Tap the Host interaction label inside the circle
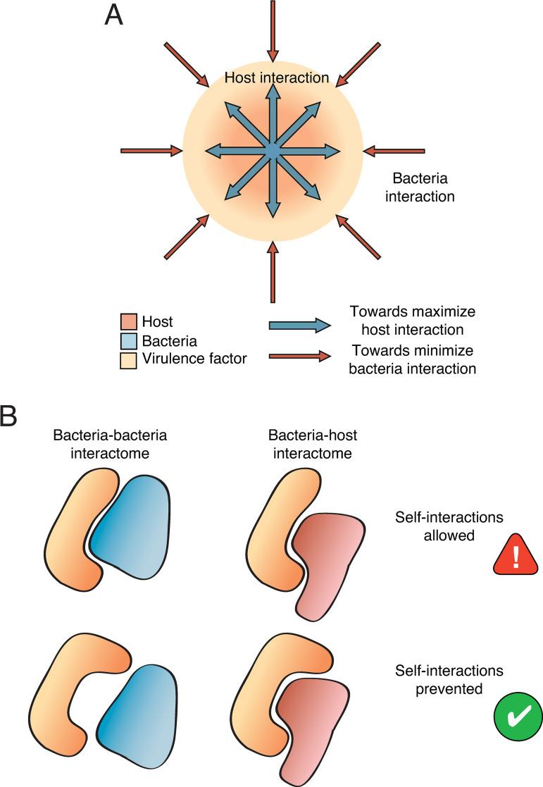276,78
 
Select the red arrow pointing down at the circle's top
273,32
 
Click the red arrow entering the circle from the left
151,150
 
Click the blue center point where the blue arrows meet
273,150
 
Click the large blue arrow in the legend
299,325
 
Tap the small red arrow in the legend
299,356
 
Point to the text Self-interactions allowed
449,526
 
